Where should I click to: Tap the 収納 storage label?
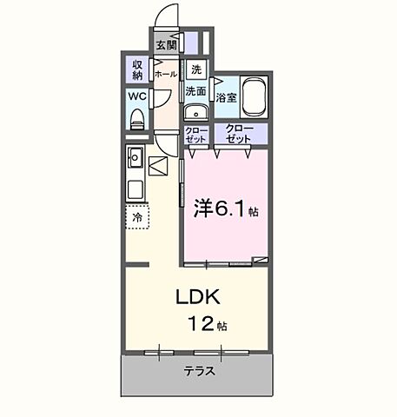[138, 69]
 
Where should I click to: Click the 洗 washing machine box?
[195, 69]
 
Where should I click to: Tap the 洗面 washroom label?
[195, 89]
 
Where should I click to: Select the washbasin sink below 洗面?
[194, 111]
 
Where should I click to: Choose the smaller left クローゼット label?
[195, 135]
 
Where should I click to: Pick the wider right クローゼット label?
[239, 134]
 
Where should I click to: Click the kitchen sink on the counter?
[136, 157]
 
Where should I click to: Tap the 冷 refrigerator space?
[136, 217]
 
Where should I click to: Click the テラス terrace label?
[199, 372]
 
